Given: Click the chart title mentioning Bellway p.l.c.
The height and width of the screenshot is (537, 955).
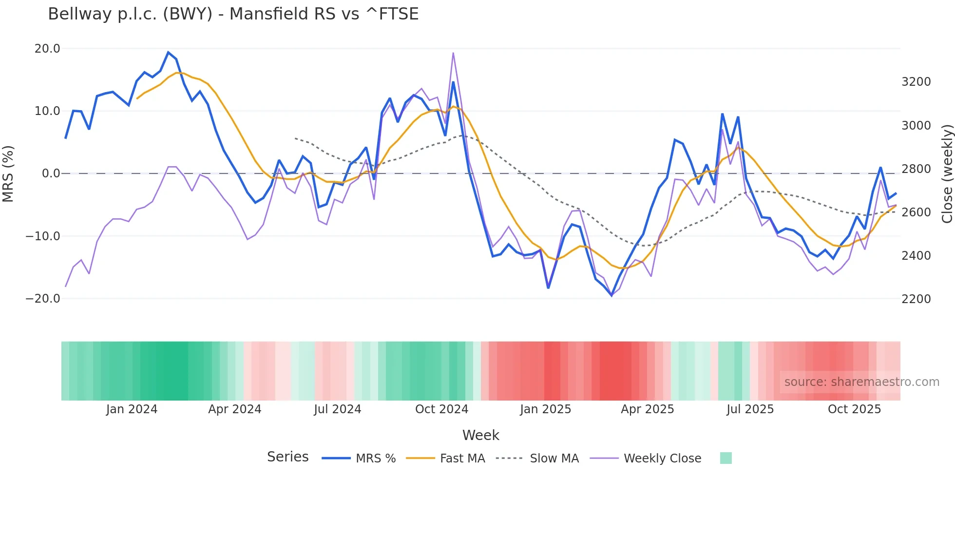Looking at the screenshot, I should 233,14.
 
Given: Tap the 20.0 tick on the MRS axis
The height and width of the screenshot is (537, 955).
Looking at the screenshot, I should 47,49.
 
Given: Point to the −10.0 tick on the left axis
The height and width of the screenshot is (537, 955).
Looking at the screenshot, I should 43,236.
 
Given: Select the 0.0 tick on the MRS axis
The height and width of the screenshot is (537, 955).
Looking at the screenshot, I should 51,173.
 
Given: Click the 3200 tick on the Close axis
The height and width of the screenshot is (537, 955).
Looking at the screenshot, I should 916,82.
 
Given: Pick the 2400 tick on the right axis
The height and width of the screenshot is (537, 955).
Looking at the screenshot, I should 916,256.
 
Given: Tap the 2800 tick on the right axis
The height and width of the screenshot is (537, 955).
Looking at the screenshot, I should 916,169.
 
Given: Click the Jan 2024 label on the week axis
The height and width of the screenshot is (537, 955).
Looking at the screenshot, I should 132,409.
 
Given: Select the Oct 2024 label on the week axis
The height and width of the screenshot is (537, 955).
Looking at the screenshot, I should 441,409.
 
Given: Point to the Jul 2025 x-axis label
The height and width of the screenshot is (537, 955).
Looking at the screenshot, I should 750,409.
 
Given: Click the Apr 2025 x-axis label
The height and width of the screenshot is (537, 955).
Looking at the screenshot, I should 647,409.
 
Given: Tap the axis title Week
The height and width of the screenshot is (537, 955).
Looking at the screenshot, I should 480,435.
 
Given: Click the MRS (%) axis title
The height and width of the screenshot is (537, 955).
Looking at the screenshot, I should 8,173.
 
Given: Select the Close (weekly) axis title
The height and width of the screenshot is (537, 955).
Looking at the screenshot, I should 947,173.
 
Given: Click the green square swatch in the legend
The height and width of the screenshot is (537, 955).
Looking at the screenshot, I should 726,458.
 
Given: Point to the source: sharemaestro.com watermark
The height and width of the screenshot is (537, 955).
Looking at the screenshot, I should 861,382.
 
